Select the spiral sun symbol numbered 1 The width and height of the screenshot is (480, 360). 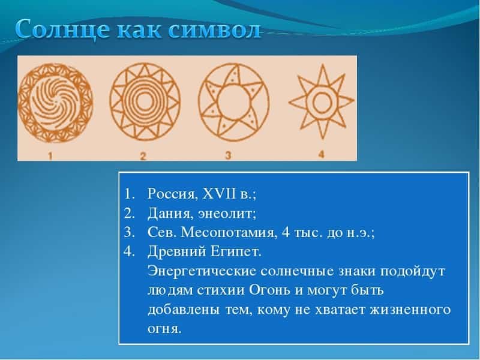(55, 103)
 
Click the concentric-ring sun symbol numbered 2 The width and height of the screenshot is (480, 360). (145, 101)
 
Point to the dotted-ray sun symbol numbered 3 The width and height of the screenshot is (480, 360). (234, 101)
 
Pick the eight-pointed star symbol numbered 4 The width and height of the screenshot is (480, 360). (322, 101)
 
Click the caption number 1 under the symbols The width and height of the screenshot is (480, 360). (50, 156)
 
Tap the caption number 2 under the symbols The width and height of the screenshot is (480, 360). (143, 156)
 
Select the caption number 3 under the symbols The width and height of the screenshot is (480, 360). (228, 155)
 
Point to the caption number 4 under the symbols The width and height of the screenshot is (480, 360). (321, 154)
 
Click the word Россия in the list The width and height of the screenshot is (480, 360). (173, 194)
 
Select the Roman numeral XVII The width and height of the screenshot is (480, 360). (220, 193)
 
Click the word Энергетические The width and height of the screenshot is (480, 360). (202, 271)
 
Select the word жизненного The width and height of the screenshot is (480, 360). (410, 310)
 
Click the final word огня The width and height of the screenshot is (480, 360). (164, 329)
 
